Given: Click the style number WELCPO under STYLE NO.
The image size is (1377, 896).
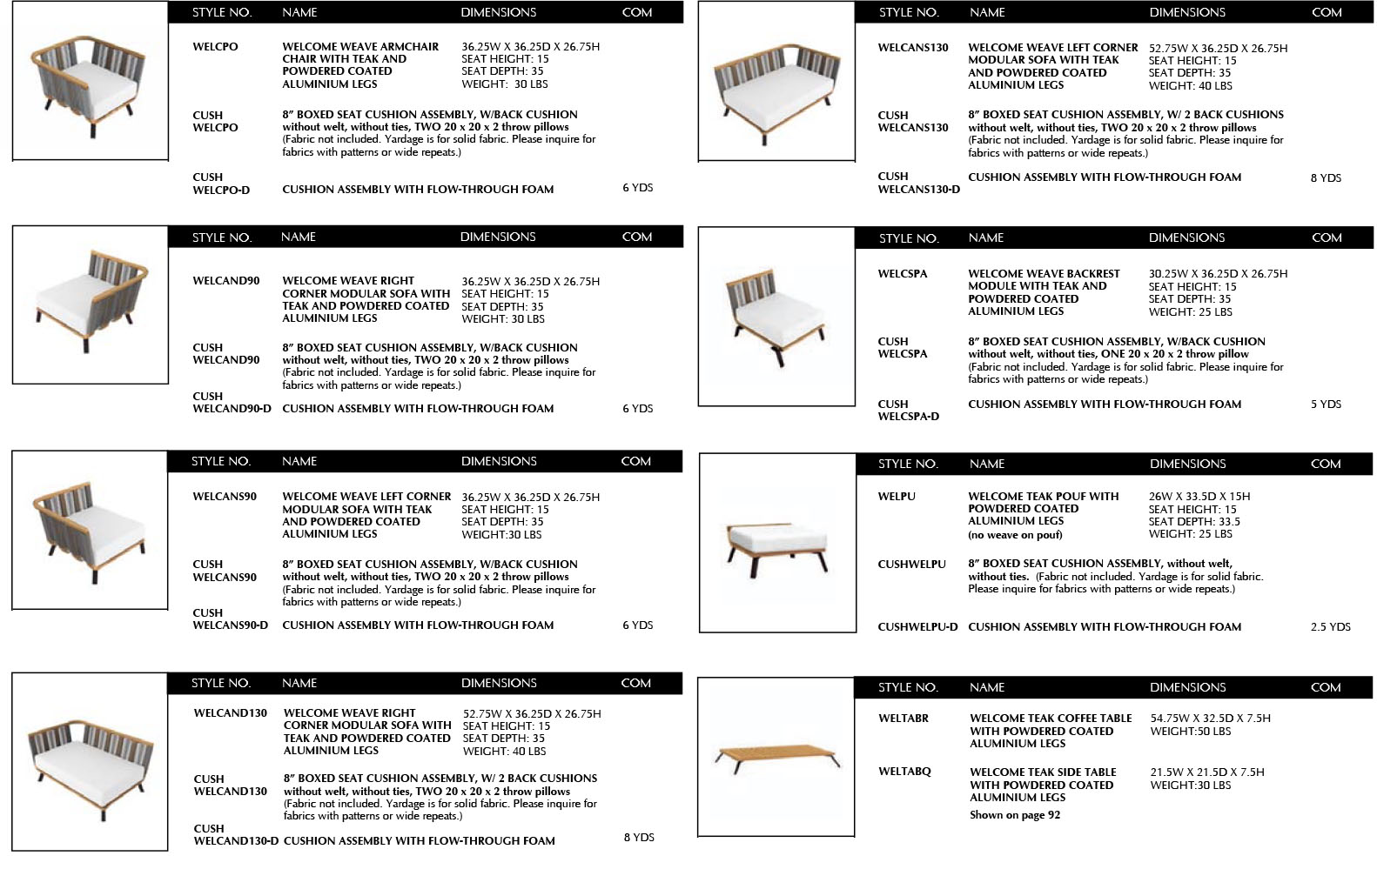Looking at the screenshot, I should click(x=215, y=47).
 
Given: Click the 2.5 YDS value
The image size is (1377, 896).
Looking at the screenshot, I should click(x=1330, y=626).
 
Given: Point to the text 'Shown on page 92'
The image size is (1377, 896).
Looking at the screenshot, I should click(x=1015, y=815).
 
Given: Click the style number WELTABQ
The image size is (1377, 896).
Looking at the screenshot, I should click(x=904, y=772).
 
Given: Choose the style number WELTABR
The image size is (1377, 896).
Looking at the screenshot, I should click(x=903, y=719).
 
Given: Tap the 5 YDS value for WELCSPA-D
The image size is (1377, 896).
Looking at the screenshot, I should click(x=1326, y=405).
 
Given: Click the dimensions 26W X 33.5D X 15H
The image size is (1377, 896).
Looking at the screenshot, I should click(x=1199, y=497).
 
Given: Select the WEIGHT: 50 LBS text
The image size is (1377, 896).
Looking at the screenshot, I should click(x=1190, y=732).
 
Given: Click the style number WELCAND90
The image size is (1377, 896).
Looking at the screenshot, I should click(x=226, y=281).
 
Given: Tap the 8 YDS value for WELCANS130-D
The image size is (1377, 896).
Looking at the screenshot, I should click(x=1326, y=178).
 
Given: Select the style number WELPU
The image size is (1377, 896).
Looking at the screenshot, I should click(x=897, y=497).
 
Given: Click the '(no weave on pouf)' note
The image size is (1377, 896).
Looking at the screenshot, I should click(x=1015, y=535).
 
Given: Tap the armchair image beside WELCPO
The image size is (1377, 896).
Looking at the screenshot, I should click(x=90, y=82).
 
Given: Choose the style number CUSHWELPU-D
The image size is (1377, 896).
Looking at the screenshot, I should click(x=917, y=627).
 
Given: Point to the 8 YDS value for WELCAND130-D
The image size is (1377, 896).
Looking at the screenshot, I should click(x=639, y=838).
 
